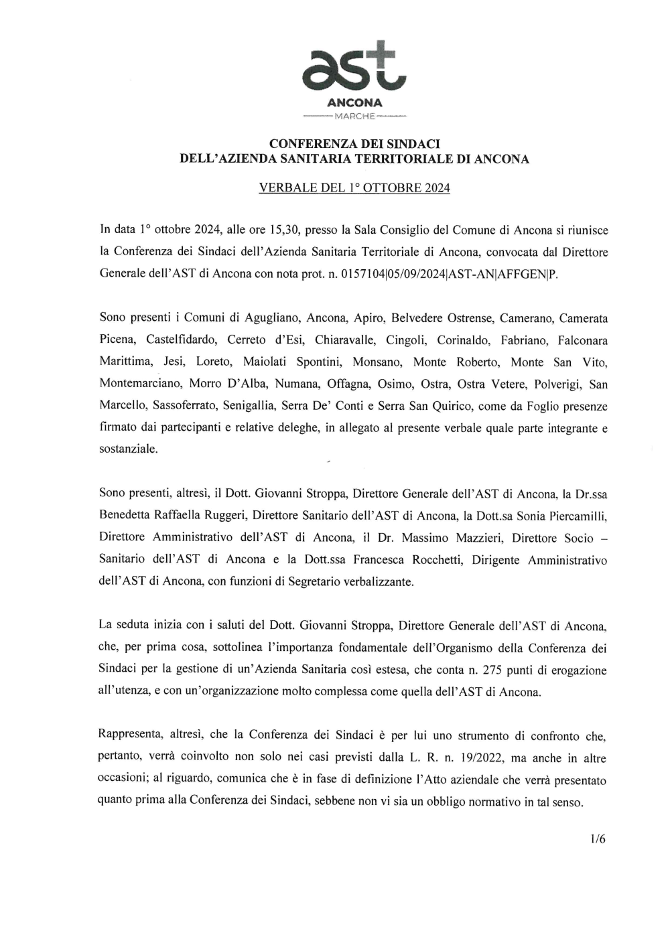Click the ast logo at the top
354,67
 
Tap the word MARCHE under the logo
354,117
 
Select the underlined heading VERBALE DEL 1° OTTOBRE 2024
354,188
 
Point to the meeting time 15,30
283,230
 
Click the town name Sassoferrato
185,406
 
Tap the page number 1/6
598,839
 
